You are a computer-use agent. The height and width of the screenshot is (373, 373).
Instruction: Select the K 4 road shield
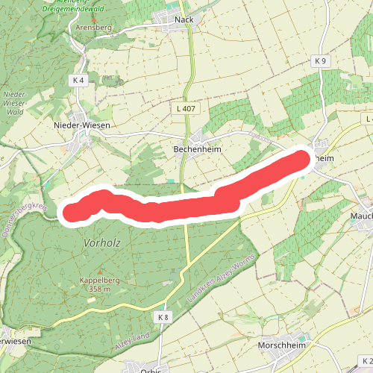point(80,79)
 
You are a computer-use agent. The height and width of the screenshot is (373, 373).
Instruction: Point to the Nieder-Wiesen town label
point(82,125)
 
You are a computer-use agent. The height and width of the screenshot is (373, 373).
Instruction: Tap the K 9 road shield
point(321,60)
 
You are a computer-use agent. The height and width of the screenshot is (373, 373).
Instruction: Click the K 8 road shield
point(164,317)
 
